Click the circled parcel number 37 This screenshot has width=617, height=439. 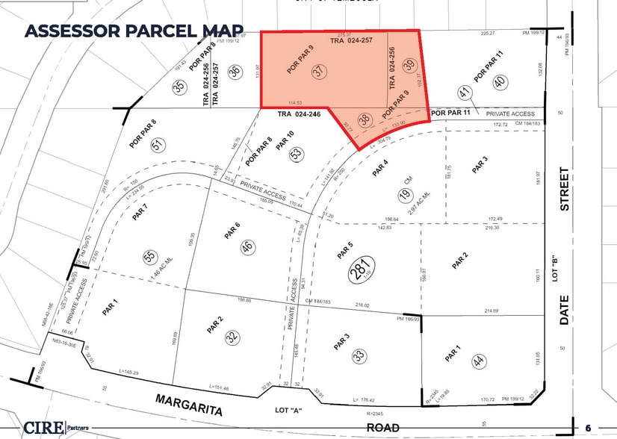(320, 72)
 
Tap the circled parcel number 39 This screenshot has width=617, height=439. (409, 66)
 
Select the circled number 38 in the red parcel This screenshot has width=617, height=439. (365, 119)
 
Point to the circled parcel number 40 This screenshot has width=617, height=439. (499, 81)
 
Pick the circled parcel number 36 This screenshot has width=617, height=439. (235, 72)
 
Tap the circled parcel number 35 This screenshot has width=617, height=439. (179, 87)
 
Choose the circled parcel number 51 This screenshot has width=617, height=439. (157, 146)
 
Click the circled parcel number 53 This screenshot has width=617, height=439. (296, 155)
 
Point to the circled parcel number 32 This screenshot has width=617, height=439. (233, 337)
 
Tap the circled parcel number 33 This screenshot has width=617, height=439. (359, 357)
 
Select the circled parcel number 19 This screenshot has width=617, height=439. (405, 196)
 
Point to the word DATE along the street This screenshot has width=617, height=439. (565, 310)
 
